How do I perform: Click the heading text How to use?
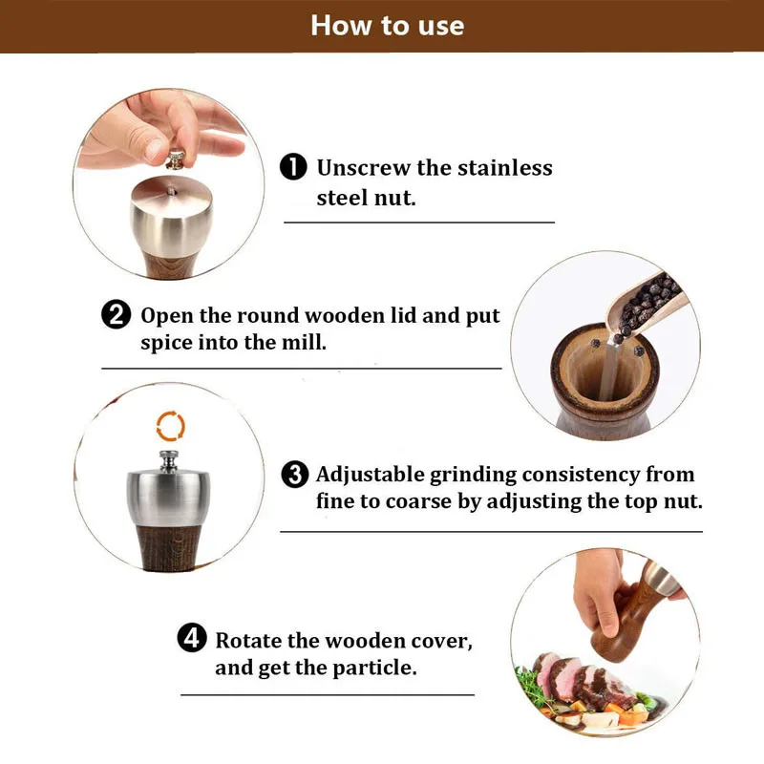coord(388,26)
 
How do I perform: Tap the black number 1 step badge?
coord(293,167)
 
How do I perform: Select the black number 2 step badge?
coord(116,314)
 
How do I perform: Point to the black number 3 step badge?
coord(295,474)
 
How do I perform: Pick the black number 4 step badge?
coord(192,638)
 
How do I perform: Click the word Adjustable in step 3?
coord(370,475)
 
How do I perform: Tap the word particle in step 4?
coord(373,668)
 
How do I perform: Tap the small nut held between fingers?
coord(176,159)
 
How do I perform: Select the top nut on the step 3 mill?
coord(169,461)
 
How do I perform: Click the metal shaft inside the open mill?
coord(607,371)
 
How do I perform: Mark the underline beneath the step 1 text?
coord(419,223)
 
